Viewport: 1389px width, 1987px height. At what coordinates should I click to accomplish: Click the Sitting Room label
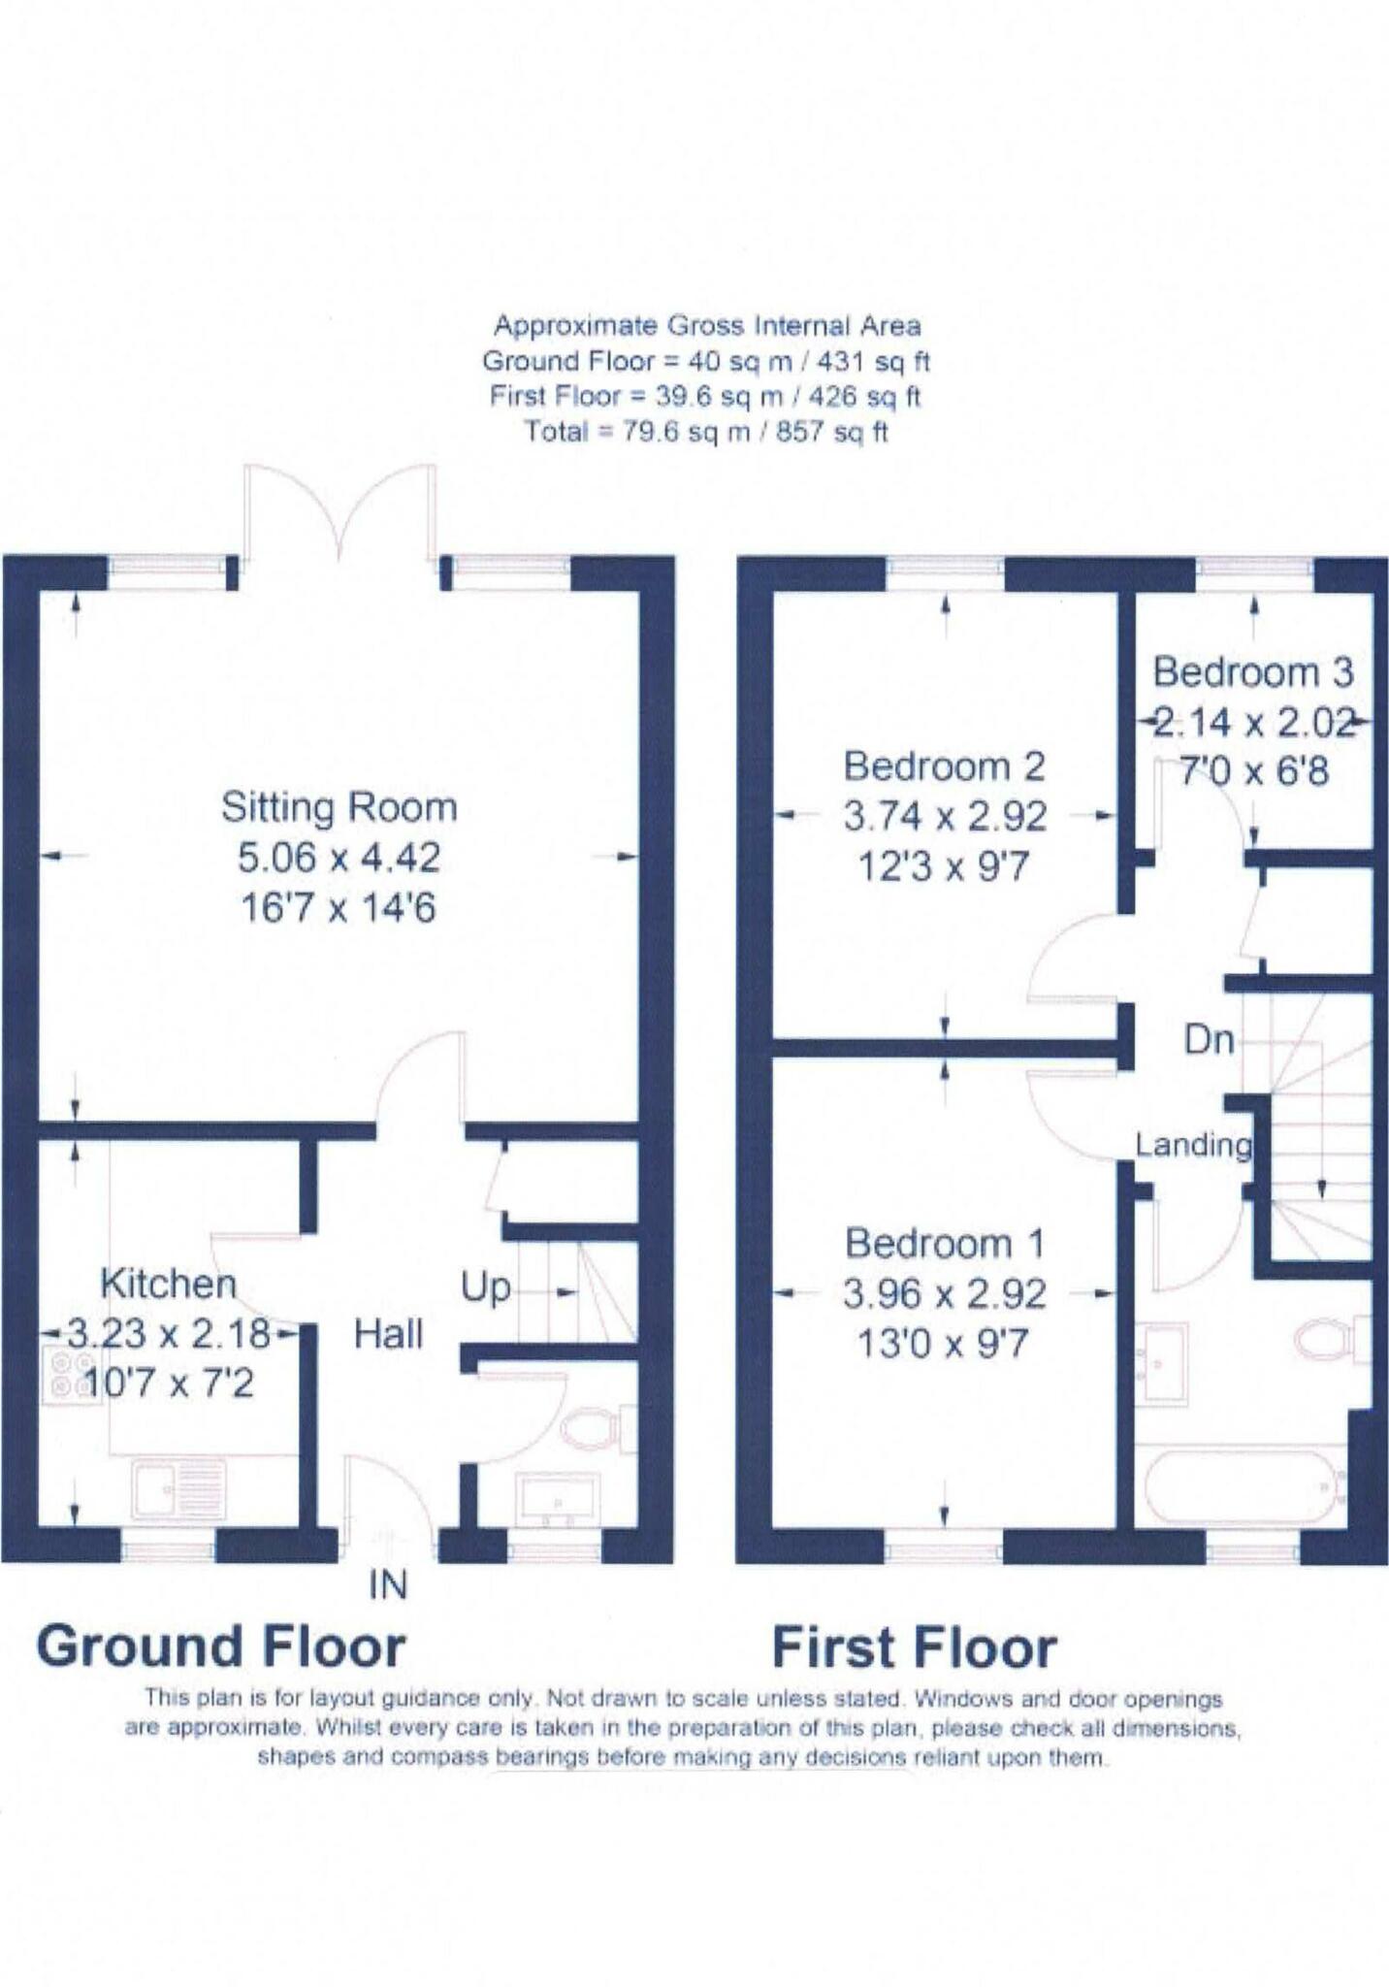(339, 807)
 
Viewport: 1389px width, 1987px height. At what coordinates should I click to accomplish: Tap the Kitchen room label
(168, 1284)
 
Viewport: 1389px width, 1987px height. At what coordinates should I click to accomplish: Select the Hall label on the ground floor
(388, 1335)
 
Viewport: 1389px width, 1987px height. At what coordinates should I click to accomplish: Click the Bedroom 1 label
(944, 1243)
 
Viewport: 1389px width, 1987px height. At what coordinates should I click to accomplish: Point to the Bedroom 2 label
(944, 766)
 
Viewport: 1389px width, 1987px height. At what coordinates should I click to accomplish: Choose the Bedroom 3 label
(1252, 672)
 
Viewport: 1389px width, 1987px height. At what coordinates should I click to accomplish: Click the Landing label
(1193, 1145)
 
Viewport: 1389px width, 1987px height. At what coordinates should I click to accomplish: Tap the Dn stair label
(1209, 1041)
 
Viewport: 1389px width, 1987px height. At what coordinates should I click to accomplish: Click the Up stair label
(485, 1287)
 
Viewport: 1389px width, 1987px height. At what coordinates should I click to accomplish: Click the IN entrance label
(388, 1585)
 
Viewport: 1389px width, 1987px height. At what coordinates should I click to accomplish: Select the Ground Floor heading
(221, 1647)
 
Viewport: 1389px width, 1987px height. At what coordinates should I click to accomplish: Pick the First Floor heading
(914, 1648)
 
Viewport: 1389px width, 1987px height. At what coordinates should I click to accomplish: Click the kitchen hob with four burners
(60, 1376)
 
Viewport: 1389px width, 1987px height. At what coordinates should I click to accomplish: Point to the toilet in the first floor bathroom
(1327, 1340)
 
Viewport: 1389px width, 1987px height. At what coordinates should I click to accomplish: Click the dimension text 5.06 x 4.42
(339, 858)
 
